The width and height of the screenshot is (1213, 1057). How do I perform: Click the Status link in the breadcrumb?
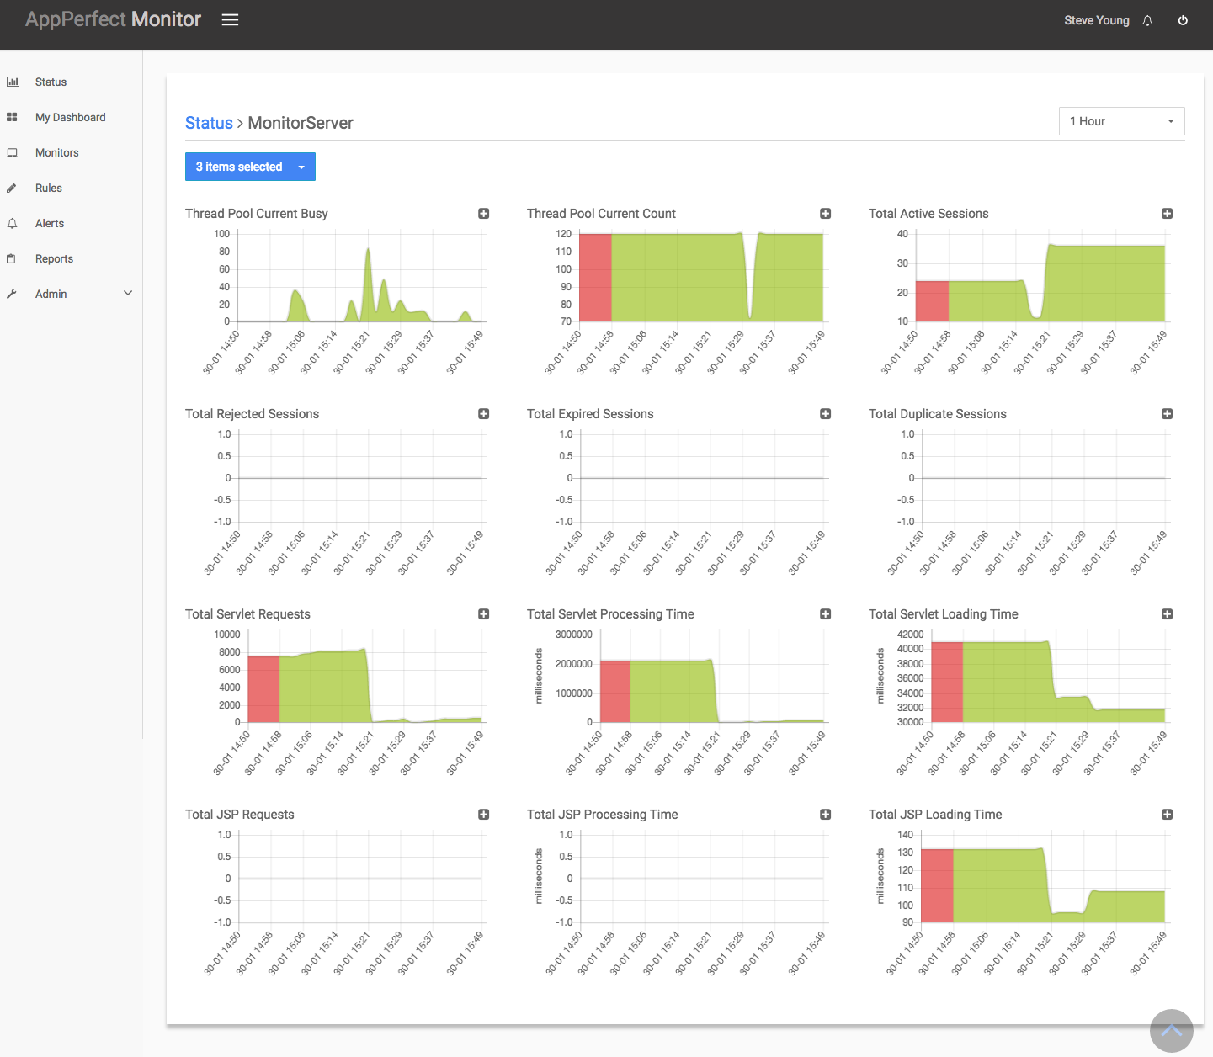(x=209, y=123)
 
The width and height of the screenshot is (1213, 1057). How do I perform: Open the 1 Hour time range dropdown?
(x=1121, y=121)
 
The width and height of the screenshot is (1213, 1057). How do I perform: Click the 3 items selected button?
(x=250, y=167)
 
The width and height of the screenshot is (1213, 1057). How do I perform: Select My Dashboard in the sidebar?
(x=70, y=117)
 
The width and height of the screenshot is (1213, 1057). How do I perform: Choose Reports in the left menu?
(x=54, y=258)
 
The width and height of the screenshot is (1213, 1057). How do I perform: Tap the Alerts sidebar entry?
(x=49, y=223)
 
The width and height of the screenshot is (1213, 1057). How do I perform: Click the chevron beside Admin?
(x=127, y=293)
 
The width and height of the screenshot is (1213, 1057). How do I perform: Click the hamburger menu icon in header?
(x=230, y=20)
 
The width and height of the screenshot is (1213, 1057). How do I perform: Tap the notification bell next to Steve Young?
(x=1147, y=21)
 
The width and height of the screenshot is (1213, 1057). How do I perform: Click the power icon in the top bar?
(x=1183, y=21)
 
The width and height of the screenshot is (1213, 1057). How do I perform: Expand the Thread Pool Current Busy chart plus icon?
(x=484, y=213)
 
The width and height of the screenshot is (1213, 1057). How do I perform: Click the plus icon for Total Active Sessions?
(x=1167, y=213)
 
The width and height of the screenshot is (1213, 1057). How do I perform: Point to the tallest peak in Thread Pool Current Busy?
(x=368, y=249)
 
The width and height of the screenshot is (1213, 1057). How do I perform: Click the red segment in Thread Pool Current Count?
(x=595, y=278)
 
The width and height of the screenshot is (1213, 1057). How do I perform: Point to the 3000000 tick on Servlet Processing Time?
(x=573, y=635)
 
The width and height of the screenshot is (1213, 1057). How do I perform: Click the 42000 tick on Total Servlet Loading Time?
(x=910, y=635)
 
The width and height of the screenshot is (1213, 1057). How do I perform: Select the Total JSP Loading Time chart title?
(x=935, y=814)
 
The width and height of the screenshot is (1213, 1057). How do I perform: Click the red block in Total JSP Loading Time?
(x=937, y=886)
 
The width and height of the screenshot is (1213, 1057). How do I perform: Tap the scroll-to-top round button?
(x=1171, y=1030)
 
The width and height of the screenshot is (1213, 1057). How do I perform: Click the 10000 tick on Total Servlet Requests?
(x=227, y=635)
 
